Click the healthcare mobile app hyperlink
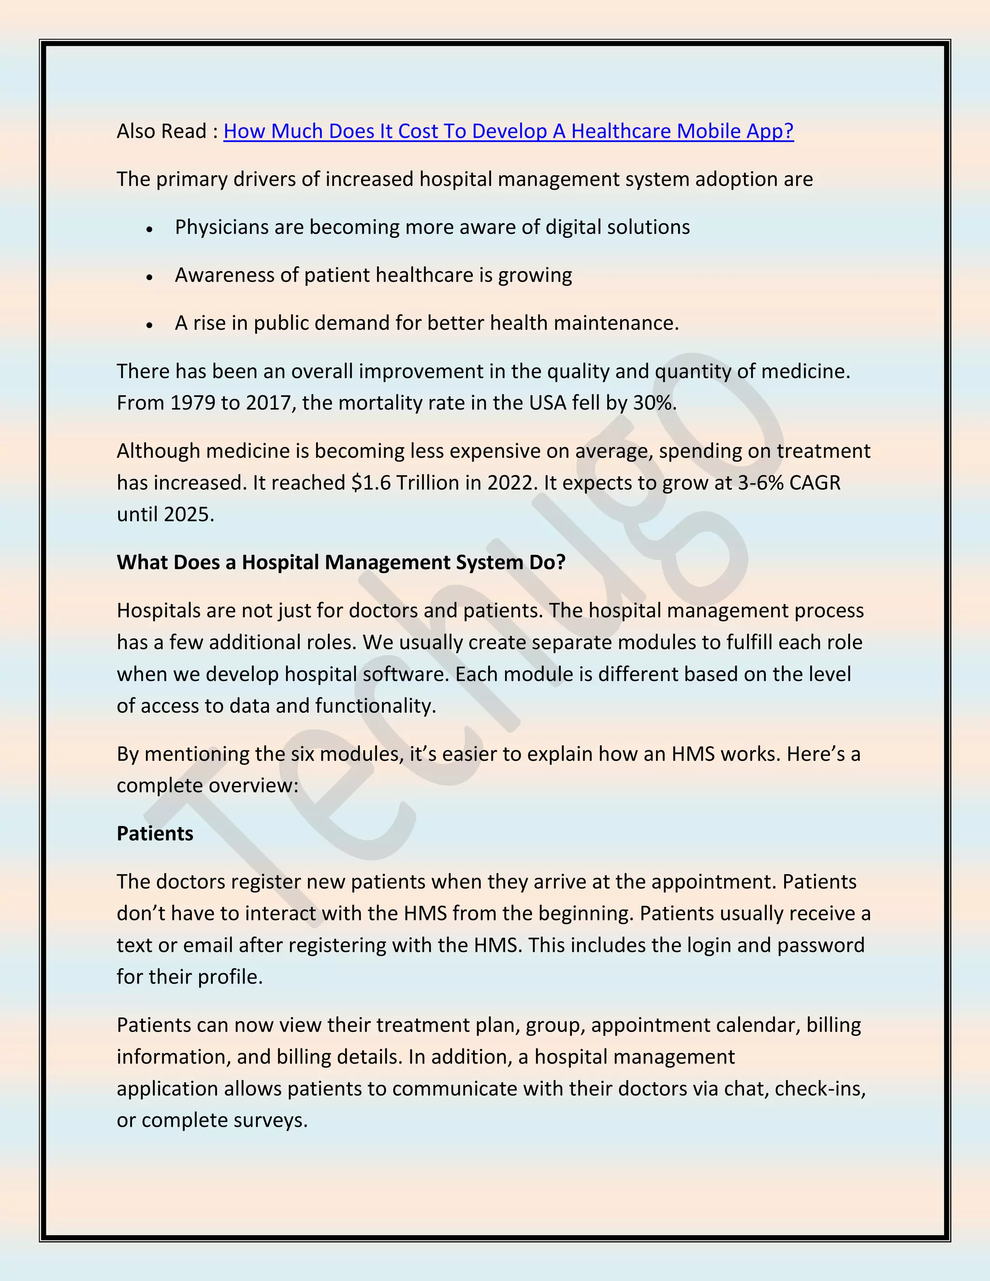508,131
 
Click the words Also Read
161,131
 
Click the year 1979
193,404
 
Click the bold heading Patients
155,834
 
